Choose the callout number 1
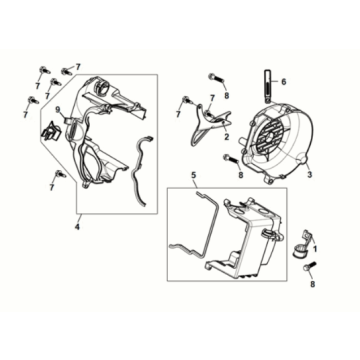pos(317,246)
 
